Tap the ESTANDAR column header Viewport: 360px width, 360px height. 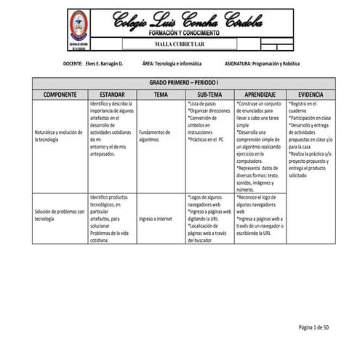click(x=113, y=95)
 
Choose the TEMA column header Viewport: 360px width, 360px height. click(x=161, y=95)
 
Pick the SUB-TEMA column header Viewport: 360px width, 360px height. click(x=209, y=95)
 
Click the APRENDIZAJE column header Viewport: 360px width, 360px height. click(x=260, y=95)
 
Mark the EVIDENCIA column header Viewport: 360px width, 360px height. click(x=311, y=95)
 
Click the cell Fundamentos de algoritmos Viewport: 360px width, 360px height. click(x=154, y=136)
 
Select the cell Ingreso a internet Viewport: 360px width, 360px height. click(x=155, y=217)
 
